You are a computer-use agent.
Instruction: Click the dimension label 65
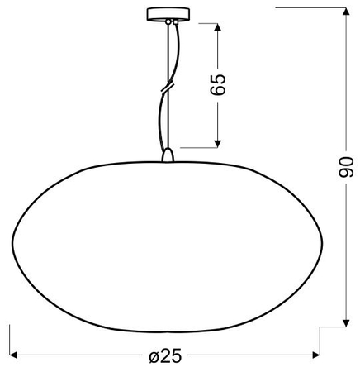218,84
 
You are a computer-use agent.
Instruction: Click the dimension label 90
345,167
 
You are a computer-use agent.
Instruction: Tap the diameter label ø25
165,355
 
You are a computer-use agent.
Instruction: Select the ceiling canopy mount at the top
168,14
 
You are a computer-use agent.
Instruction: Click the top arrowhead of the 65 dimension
218,27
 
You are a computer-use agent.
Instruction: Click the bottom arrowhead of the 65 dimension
218,144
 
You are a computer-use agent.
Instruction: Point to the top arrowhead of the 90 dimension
346,12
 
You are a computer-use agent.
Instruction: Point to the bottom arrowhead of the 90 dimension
346,323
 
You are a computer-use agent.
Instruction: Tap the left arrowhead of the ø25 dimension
13,355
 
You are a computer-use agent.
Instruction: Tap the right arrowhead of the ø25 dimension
316,355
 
